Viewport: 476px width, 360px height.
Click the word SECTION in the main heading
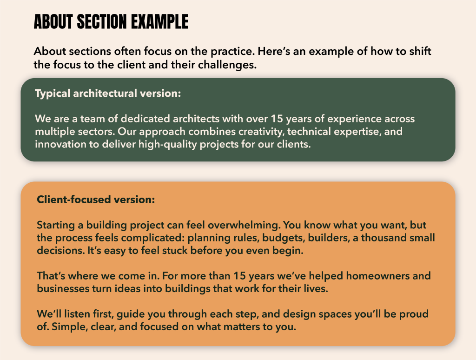click(x=103, y=22)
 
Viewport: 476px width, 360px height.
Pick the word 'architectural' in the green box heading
click(x=105, y=93)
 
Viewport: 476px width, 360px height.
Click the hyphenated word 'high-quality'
click(x=168, y=145)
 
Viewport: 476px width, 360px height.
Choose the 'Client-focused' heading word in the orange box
click(x=74, y=199)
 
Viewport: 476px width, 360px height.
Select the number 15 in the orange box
click(x=239, y=276)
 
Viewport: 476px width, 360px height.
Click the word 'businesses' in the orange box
click(x=63, y=288)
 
